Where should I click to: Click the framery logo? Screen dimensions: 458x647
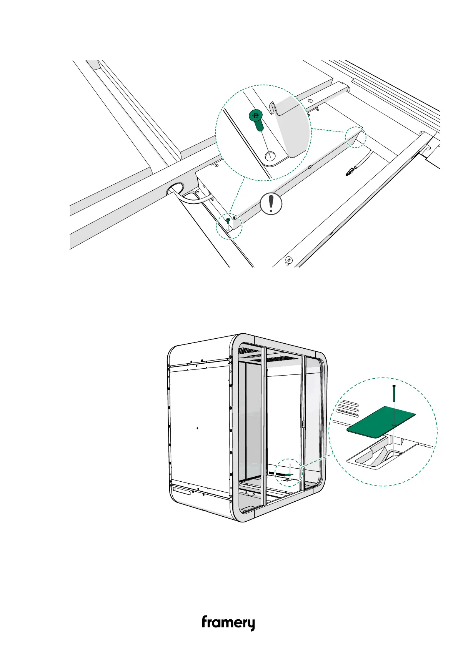coord(228,623)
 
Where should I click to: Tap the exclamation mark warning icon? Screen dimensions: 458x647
coord(271,204)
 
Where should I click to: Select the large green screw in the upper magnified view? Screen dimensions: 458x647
coord(256,119)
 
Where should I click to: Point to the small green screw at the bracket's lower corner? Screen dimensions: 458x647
coord(228,221)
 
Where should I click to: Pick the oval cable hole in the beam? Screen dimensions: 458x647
coord(175,189)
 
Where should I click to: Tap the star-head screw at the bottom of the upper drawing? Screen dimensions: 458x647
coord(290,260)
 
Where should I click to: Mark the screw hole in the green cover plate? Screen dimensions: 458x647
coord(394,424)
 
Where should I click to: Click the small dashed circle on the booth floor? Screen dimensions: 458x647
coord(290,473)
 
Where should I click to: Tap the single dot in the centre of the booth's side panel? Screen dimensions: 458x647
coord(197,427)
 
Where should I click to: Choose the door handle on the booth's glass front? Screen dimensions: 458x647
coord(303,424)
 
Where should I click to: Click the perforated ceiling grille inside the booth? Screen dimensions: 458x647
coord(283,358)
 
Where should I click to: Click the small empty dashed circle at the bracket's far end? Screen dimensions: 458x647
coord(355,136)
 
